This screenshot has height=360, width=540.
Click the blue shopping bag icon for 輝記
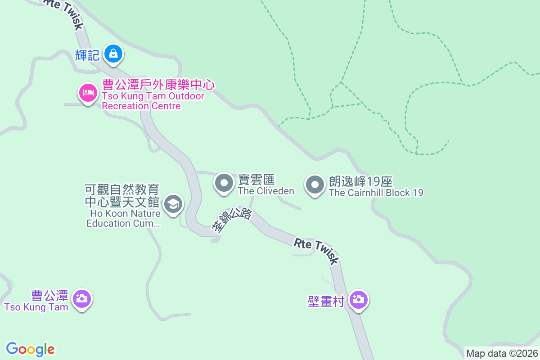pyautogui.click(x=114, y=54)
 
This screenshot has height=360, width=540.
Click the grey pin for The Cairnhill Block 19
pyautogui.click(x=315, y=184)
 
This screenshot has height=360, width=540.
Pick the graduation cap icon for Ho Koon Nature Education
pyautogui.click(x=172, y=204)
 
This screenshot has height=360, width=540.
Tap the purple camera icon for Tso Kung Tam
pyautogui.click(x=82, y=298)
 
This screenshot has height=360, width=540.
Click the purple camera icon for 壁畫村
pyautogui.click(x=359, y=299)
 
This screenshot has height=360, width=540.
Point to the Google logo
pyautogui.click(x=30, y=349)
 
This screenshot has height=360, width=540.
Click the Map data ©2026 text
pyautogui.click(x=502, y=353)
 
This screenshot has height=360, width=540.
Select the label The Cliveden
pyautogui.click(x=266, y=191)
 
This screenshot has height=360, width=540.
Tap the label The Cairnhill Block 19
pyautogui.click(x=376, y=193)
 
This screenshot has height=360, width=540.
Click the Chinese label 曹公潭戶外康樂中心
pyautogui.click(x=158, y=85)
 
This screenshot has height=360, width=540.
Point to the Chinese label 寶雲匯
pyautogui.click(x=256, y=180)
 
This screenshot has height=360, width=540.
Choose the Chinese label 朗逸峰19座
pyautogui.click(x=360, y=182)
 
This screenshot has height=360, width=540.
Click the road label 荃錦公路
pyautogui.click(x=231, y=220)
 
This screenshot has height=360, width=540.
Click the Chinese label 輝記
pyautogui.click(x=87, y=55)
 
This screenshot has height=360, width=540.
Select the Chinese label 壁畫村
pyautogui.click(x=326, y=301)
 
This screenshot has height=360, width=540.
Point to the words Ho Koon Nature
pyautogui.click(x=122, y=213)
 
